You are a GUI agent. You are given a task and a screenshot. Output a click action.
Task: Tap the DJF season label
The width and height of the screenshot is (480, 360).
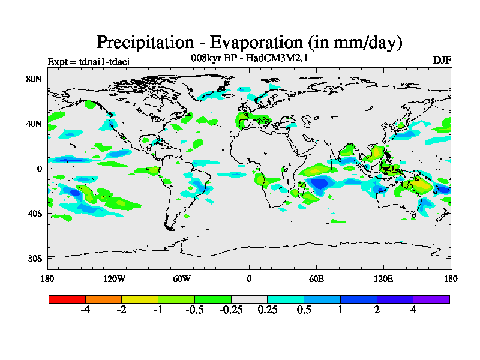click(442, 61)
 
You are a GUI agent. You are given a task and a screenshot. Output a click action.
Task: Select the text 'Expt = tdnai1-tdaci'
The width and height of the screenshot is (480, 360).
click(88, 62)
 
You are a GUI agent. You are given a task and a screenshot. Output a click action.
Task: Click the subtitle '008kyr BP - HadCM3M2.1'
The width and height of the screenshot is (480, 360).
click(249, 58)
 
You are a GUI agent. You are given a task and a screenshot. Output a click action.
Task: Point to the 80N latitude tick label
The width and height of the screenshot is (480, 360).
click(34, 79)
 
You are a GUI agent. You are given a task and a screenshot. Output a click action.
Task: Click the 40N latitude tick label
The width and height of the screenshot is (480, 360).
click(34, 124)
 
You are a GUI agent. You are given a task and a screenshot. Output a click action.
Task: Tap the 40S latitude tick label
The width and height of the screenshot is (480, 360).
click(34, 213)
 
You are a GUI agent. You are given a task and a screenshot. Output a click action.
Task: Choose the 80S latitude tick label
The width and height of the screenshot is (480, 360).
click(34, 258)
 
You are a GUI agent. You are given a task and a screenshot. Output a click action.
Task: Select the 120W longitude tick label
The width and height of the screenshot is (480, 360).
click(115, 278)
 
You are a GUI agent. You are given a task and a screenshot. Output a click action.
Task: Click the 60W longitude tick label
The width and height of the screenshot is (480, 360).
click(182, 278)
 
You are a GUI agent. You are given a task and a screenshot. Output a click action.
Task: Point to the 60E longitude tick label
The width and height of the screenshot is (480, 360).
click(316, 278)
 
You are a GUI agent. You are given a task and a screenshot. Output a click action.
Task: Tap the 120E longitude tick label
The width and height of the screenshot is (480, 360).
click(383, 278)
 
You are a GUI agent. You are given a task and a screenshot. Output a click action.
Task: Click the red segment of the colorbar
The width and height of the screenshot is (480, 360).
click(67, 299)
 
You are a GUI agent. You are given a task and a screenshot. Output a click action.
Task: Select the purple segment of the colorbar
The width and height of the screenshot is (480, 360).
click(431, 299)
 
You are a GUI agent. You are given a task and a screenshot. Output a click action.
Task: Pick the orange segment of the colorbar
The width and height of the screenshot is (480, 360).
click(103, 299)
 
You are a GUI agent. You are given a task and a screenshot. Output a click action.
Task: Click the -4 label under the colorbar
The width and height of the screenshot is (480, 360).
click(85, 310)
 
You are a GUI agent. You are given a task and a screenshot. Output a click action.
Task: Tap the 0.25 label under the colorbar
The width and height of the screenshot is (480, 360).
click(267, 310)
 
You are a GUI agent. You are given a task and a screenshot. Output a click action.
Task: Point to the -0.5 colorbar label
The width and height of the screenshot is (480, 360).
click(194, 310)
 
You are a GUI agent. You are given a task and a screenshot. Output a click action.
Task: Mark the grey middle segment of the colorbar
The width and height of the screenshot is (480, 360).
click(249, 299)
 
